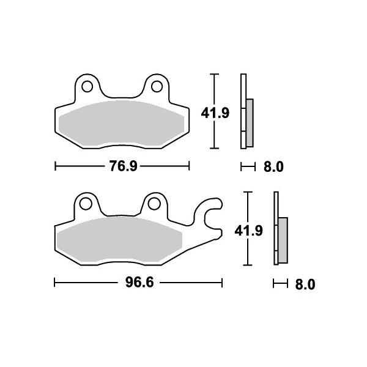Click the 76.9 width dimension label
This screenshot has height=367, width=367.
pyautogui.click(x=124, y=166)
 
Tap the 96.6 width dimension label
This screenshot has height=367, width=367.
pyautogui.click(x=139, y=282)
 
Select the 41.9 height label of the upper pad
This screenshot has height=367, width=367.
pyautogui.click(x=215, y=113)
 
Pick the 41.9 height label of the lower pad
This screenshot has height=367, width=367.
pyautogui.click(x=248, y=231)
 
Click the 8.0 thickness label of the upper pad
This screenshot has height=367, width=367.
pyautogui.click(x=273, y=167)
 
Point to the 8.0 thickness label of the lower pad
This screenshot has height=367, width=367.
pyautogui.click(x=305, y=284)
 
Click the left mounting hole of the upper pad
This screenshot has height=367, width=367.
pyautogui.click(x=87, y=86)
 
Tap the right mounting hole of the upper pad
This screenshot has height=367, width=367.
pyautogui.click(x=157, y=86)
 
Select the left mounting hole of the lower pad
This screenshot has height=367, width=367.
pyautogui.click(x=86, y=204)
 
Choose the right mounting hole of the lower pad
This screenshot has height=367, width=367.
pyautogui.click(x=154, y=204)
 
